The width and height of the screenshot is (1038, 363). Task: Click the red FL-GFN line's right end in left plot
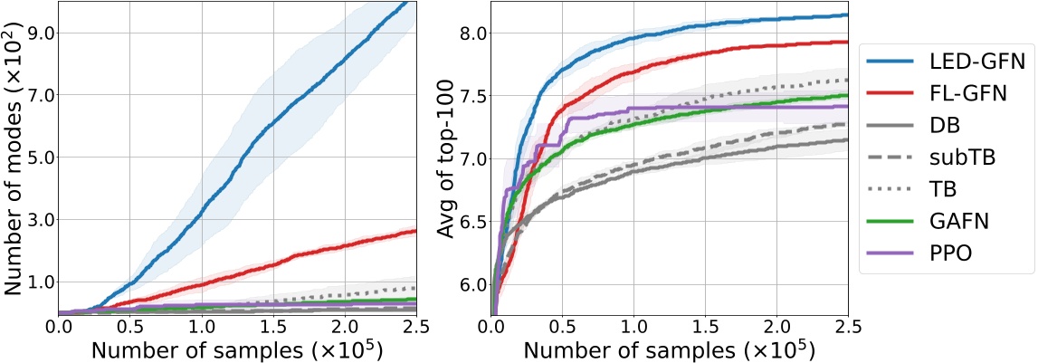point(415,231)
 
